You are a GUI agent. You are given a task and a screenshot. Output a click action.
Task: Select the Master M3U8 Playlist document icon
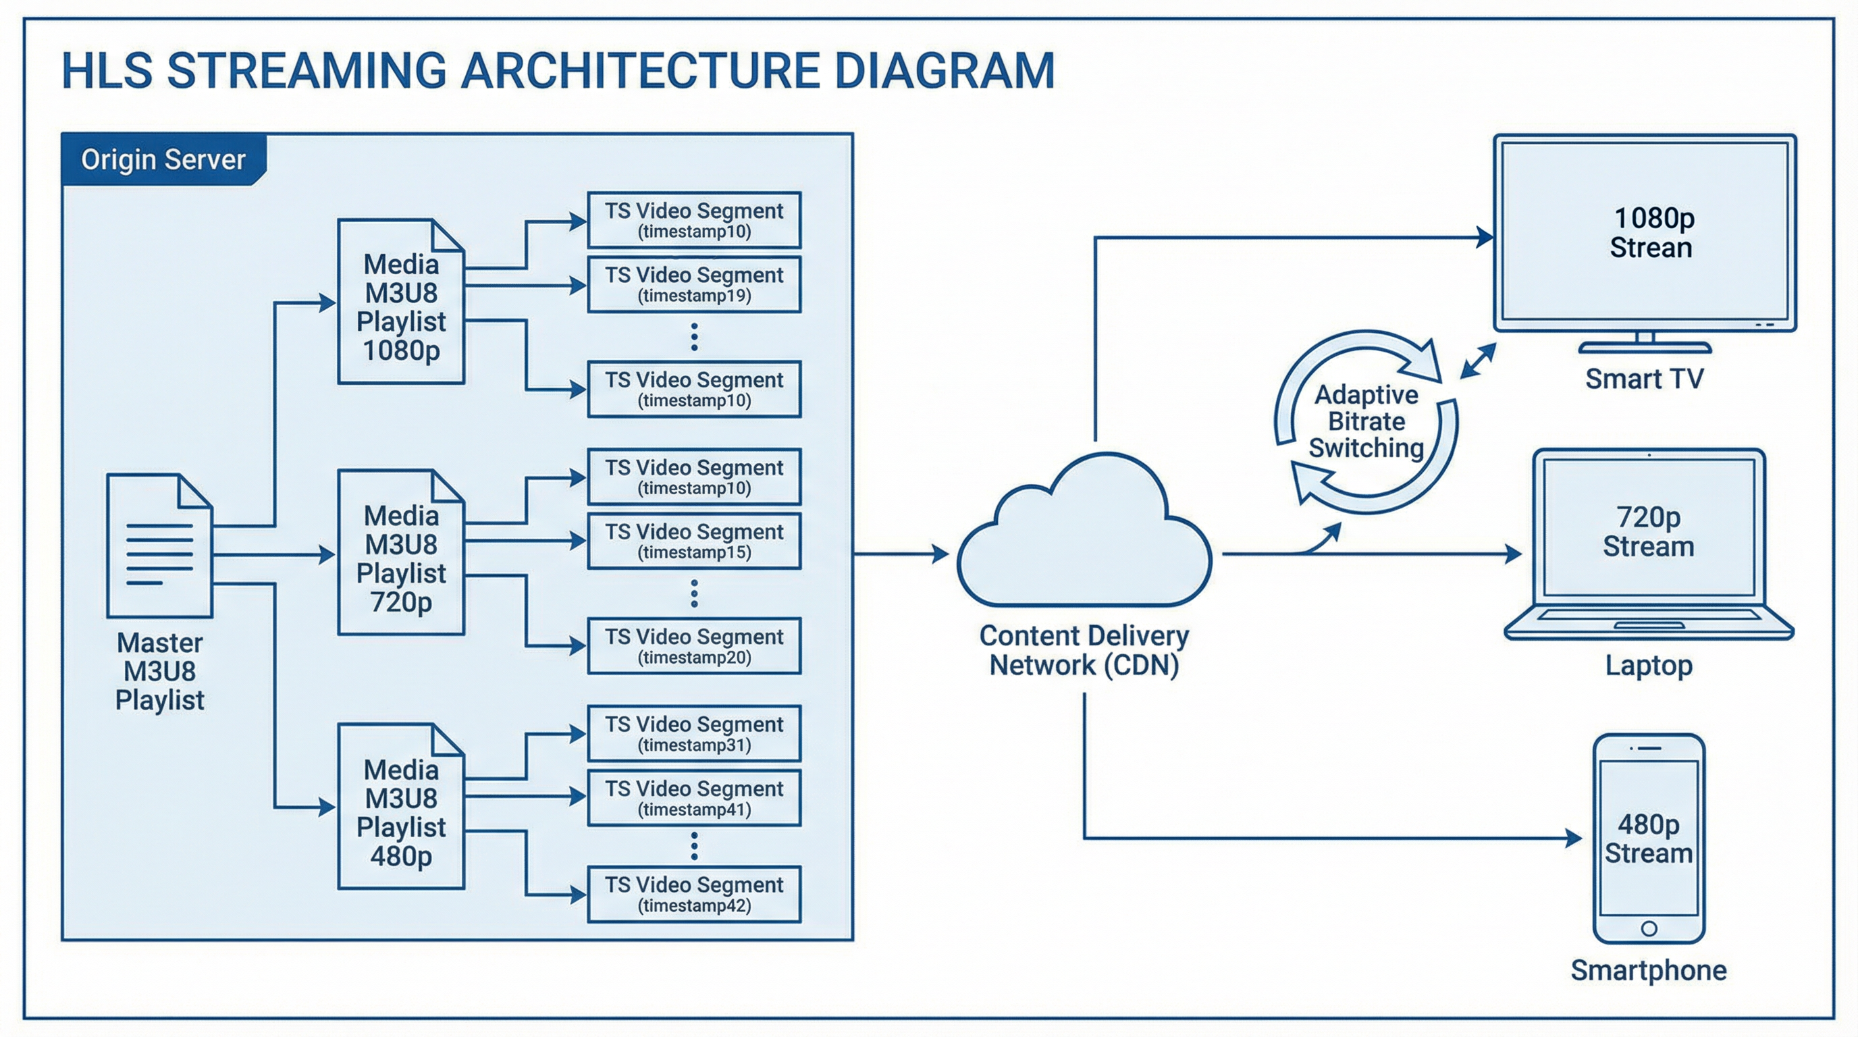point(159,546)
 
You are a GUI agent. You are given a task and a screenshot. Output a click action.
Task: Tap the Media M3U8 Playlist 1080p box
point(401,301)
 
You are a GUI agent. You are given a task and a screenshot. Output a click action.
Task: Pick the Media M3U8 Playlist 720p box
point(401,553)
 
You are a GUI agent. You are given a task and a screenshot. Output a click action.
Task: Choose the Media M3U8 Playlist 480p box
point(401,807)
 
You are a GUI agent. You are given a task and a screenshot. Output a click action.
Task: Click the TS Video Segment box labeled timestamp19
point(694,285)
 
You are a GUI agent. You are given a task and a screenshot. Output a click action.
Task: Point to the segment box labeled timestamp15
point(694,541)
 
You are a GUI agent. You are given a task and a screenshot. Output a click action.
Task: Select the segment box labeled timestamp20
point(694,646)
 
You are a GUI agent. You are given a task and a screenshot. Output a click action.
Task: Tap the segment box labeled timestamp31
point(694,733)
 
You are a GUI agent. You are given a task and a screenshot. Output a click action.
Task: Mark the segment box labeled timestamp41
point(694,798)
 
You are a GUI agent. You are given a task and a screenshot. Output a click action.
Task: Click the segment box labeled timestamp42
point(694,895)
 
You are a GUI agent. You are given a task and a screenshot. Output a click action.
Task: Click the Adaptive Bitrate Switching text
point(1366,422)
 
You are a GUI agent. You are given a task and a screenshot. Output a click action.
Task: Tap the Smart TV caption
point(1644,379)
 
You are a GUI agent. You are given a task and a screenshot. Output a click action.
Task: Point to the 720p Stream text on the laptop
point(1648,531)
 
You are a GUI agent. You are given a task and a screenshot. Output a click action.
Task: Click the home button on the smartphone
point(1649,928)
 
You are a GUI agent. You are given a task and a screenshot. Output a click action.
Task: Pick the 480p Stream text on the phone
point(1648,839)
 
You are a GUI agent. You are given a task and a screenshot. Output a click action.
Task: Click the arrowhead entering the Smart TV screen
point(1485,236)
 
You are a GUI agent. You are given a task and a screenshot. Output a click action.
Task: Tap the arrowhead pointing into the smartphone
point(1573,838)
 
